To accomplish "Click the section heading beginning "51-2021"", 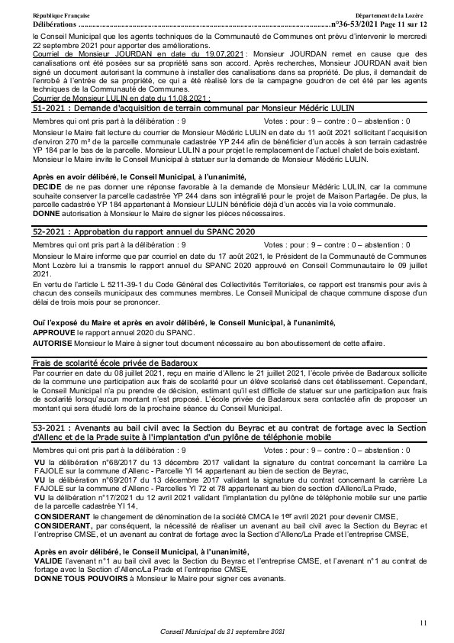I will (x=194, y=109).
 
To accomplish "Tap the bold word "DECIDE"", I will (x=46, y=186).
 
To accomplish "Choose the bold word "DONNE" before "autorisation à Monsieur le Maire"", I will (x=45, y=214).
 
